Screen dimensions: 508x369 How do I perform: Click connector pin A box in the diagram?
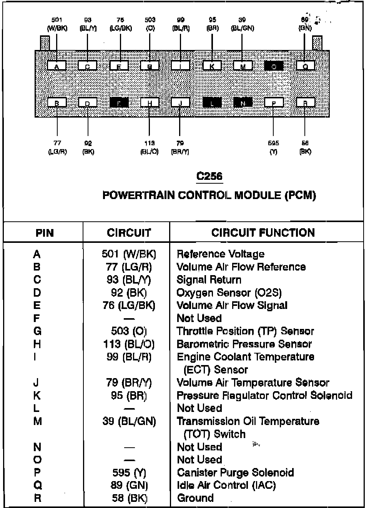tap(57, 66)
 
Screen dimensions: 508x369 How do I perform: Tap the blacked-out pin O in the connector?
tap(274, 66)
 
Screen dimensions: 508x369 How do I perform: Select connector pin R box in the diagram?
tap(306, 102)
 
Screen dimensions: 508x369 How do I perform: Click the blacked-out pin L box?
tap(212, 102)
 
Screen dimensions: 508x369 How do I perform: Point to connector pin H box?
tap(150, 102)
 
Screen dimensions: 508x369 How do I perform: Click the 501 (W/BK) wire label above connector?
tap(57, 24)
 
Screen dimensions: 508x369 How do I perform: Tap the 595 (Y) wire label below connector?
tap(273, 147)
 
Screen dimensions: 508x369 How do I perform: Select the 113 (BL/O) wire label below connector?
tap(150, 147)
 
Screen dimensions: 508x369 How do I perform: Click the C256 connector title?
tap(209, 176)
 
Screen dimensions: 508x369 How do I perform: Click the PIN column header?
tap(45, 233)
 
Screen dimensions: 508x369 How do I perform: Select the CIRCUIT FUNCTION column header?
tap(263, 232)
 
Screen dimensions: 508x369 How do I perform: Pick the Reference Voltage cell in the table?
tap(220, 254)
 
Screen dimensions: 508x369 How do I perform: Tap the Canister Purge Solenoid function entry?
tap(235, 473)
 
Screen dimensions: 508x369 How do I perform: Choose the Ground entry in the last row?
tap(195, 498)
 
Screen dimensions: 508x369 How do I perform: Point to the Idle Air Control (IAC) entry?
tap(226, 485)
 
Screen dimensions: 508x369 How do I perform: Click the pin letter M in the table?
tap(37, 421)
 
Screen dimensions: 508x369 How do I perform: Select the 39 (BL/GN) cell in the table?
tap(129, 421)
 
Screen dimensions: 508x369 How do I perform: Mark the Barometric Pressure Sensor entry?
tap(244, 344)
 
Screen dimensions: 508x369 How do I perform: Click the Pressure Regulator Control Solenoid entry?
tap(264, 395)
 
